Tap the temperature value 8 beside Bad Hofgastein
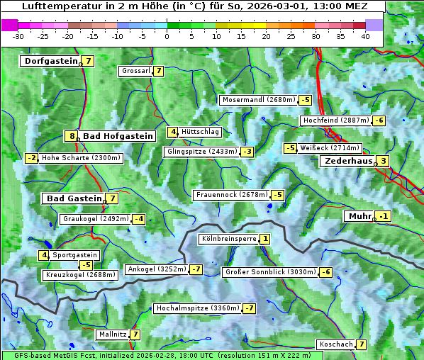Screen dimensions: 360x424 click(71, 136)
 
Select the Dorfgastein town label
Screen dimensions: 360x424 click(51, 61)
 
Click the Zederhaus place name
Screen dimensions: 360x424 click(348, 161)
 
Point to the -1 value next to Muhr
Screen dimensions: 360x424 click(384, 216)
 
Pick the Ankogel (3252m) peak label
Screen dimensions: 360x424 click(156, 269)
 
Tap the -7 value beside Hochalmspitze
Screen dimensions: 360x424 click(249, 308)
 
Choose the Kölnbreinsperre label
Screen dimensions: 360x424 click(228, 240)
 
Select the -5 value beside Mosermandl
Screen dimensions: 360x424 click(305, 100)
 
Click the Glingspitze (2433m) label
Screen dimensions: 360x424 click(201, 152)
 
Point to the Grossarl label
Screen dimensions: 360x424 click(135, 71)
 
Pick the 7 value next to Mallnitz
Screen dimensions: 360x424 click(135, 334)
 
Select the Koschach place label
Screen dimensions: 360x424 click(336, 344)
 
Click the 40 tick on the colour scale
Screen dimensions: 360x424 click(365, 35)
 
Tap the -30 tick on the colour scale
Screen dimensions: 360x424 click(19, 35)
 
